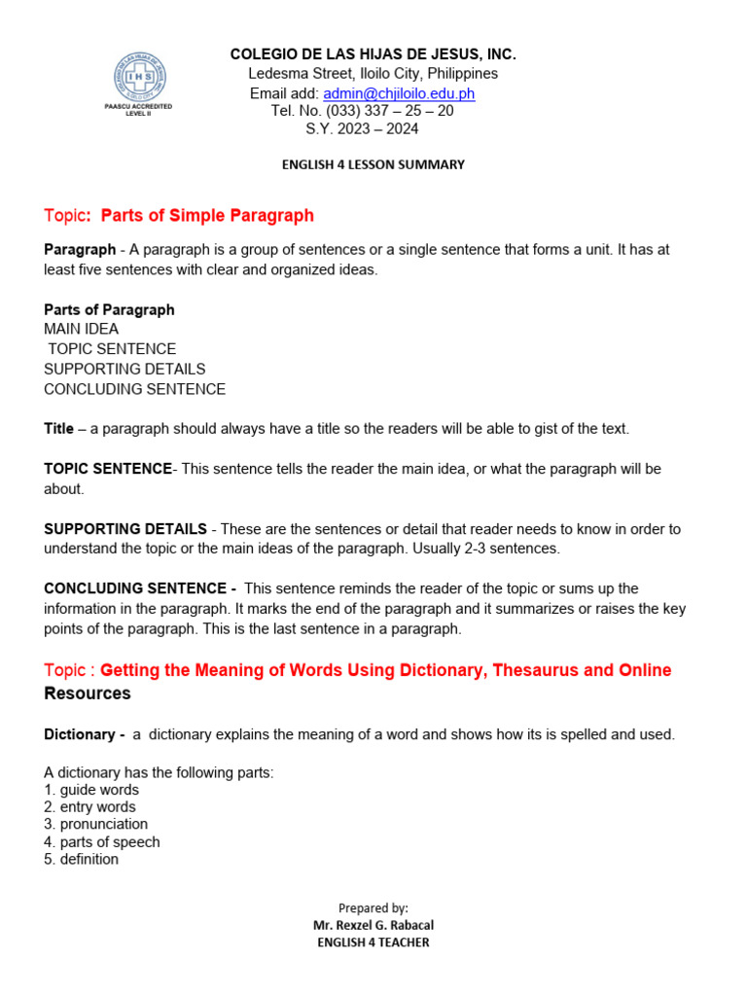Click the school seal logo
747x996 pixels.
(137, 75)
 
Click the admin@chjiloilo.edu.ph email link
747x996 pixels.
(399, 93)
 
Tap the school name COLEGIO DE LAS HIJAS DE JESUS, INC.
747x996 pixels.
(373, 54)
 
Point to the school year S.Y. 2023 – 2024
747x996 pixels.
(362, 129)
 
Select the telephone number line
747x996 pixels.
(362, 111)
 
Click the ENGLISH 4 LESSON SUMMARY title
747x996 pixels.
(373, 165)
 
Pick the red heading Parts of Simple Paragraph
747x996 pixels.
(207, 215)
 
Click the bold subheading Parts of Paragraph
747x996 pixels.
(109, 309)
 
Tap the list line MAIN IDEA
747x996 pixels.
(81, 329)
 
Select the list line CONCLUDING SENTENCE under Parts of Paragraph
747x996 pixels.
(134, 389)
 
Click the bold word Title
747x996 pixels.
(58, 428)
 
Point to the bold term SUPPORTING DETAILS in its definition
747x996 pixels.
(124, 529)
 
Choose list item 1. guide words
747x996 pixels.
(90, 790)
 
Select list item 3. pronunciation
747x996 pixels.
(95, 824)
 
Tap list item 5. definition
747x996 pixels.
(81, 859)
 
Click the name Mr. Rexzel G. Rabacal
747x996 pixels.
(373, 925)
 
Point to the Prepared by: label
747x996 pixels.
(373, 907)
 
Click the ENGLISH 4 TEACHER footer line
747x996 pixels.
(373, 943)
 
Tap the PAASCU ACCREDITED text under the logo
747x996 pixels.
(137, 106)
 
